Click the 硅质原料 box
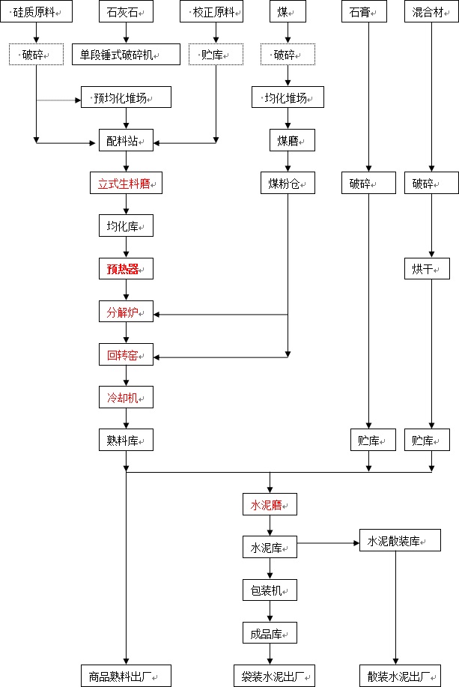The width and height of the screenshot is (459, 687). (x=36, y=12)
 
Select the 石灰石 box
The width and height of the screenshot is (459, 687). (x=126, y=12)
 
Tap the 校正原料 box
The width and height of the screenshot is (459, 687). (x=216, y=12)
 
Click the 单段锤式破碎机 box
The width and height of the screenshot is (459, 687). (x=126, y=54)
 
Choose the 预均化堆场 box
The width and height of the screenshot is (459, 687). (x=126, y=97)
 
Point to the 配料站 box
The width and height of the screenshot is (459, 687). (x=126, y=139)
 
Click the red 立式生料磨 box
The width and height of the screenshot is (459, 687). (x=126, y=183)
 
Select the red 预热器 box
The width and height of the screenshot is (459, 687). (x=126, y=268)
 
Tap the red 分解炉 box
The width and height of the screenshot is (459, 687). (x=126, y=312)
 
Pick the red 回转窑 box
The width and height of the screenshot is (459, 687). (x=126, y=354)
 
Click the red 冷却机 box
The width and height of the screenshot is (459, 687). (x=126, y=397)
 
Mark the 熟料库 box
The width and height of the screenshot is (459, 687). (x=126, y=440)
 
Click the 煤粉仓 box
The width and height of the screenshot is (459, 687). (x=288, y=183)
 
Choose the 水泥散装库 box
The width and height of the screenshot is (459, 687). (x=395, y=541)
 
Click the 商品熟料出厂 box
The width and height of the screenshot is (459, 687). (x=126, y=675)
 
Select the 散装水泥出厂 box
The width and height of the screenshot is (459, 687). (x=396, y=675)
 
